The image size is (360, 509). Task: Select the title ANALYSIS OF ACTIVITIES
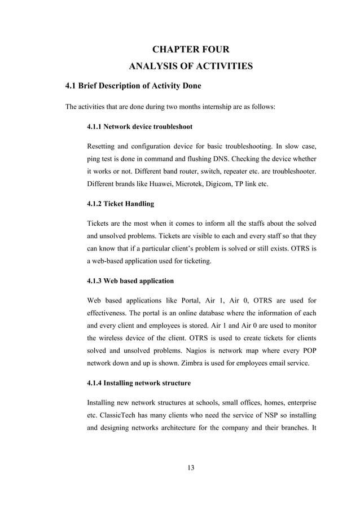191,68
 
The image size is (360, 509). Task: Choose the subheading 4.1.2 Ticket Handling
120,203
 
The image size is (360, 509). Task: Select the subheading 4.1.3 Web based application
130,280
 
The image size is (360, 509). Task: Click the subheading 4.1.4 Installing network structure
139,383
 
